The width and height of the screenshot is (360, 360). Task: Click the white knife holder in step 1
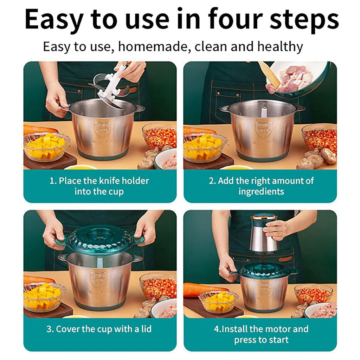[x=111, y=86]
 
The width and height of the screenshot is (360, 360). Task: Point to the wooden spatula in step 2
[x=270, y=74]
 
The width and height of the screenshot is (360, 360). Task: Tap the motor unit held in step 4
[x=264, y=233]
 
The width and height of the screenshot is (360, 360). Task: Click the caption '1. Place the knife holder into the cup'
[x=99, y=186]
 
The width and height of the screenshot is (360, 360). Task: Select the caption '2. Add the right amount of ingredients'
[x=261, y=186]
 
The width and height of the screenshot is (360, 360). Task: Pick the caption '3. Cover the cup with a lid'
[x=99, y=329]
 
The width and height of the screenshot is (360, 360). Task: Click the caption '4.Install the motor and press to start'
[x=261, y=334]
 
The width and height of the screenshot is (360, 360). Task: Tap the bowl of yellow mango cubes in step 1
[x=46, y=147]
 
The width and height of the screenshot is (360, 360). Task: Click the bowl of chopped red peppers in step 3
[x=158, y=287]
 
